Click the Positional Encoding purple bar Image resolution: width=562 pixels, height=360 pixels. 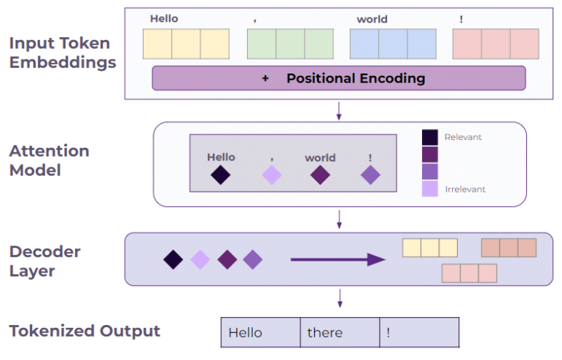click(338, 78)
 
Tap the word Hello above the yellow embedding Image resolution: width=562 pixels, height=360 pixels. click(164, 19)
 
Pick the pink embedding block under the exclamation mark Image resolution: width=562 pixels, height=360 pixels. click(496, 44)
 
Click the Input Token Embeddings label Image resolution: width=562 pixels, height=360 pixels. click(62, 52)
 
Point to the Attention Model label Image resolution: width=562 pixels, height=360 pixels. click(49, 160)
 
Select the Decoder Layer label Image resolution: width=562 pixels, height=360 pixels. click(44, 262)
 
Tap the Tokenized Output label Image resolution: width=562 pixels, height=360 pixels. click(85, 332)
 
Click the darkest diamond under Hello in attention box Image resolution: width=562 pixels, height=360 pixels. click(221, 175)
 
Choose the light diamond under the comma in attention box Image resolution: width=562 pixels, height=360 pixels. click(271, 175)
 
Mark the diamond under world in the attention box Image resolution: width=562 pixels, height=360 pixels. click(320, 175)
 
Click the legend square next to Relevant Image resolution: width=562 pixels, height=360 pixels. click(430, 137)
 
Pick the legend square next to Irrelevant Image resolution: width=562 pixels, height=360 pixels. click(430, 189)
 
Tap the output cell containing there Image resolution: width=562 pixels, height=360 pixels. click(340, 333)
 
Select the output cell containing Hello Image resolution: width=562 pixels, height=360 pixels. click(260, 333)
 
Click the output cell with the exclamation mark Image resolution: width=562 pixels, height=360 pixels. click(419, 333)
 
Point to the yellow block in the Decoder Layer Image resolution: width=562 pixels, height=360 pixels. click(430, 248)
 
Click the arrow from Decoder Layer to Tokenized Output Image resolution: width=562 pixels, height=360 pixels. click(339, 297)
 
